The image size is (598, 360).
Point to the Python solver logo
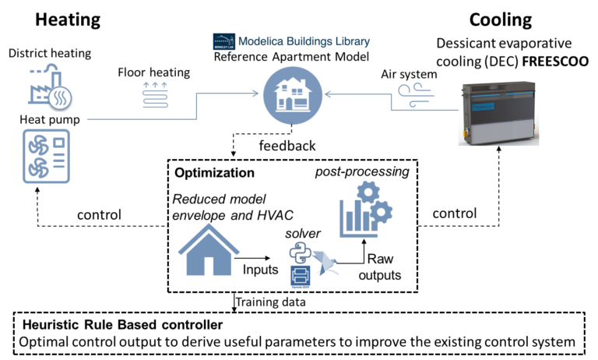click(x=298, y=252)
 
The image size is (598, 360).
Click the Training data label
click(x=270, y=300)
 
